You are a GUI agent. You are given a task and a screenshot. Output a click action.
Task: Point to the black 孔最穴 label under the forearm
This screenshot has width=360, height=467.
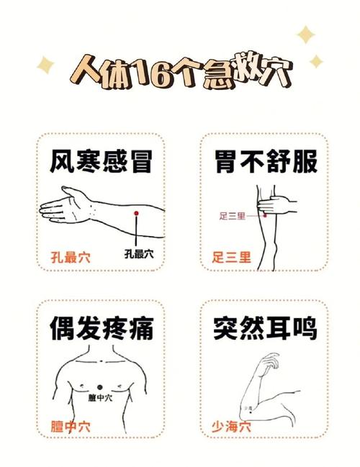click(x=138, y=253)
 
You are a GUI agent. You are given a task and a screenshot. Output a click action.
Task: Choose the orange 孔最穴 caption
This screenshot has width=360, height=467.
click(x=71, y=257)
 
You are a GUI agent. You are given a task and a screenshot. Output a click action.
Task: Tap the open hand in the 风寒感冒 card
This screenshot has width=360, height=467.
click(x=65, y=205)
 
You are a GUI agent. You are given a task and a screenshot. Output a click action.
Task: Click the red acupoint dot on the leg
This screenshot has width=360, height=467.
click(x=265, y=215)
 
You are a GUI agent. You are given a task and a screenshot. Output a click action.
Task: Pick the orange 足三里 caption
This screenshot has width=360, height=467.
click(x=232, y=257)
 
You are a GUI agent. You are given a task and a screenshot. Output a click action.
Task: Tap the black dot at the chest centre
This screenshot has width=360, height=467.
click(x=101, y=388)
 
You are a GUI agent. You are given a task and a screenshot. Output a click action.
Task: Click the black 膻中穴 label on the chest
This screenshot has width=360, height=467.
click(x=101, y=398)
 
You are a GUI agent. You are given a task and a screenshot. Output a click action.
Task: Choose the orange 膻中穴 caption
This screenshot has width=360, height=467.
click(x=71, y=425)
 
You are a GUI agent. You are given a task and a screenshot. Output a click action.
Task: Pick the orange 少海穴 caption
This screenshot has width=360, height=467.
click(x=232, y=425)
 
